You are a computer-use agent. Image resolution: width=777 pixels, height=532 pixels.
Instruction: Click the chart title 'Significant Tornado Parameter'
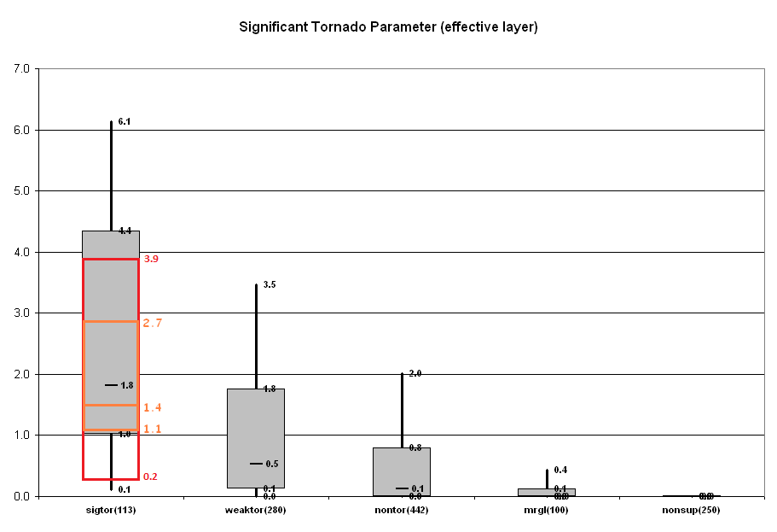click(x=388, y=26)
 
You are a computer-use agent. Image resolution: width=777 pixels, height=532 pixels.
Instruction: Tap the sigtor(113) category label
click(x=111, y=510)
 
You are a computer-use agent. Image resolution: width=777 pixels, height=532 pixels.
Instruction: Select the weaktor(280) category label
click(x=256, y=510)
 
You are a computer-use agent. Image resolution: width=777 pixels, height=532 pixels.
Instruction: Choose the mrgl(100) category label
click(x=546, y=510)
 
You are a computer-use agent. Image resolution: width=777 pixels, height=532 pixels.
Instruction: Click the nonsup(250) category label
click(x=692, y=510)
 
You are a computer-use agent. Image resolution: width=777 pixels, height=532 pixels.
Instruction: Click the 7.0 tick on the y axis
click(x=21, y=68)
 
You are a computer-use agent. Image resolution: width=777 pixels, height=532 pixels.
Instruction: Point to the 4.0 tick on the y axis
click(x=21, y=252)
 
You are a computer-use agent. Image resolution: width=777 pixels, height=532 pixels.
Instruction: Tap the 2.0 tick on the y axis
click(x=21, y=374)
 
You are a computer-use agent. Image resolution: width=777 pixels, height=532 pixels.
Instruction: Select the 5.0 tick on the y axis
click(x=21, y=190)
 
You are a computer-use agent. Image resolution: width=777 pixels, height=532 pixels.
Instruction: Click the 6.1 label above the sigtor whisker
click(x=125, y=122)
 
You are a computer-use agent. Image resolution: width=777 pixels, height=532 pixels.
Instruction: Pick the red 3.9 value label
click(x=152, y=258)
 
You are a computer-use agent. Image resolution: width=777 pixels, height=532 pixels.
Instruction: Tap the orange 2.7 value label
click(x=153, y=323)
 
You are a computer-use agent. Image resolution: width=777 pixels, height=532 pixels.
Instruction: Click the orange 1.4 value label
click(x=153, y=407)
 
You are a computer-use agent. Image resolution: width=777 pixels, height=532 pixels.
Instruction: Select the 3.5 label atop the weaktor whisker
click(x=270, y=284)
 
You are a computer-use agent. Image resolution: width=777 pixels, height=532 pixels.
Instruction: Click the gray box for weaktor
click(x=256, y=427)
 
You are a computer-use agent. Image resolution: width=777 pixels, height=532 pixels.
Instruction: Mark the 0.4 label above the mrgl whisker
click(x=560, y=470)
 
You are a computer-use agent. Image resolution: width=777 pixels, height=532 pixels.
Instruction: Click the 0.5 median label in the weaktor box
click(x=271, y=464)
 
